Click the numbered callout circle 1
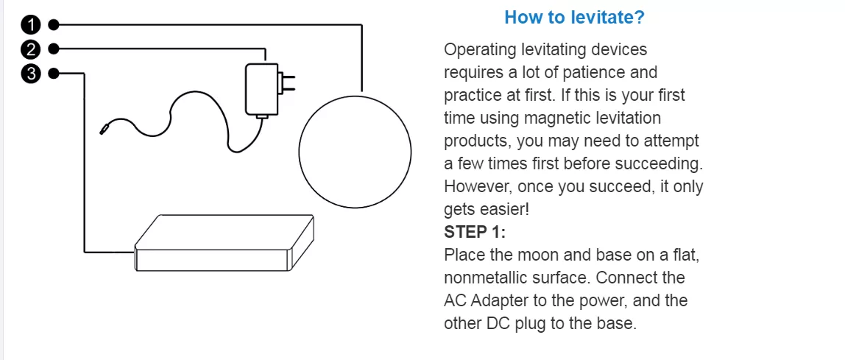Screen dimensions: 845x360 point(31,25)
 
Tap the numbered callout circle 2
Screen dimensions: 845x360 point(31,49)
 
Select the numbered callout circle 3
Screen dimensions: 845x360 point(31,74)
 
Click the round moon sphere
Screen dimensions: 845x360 point(355,151)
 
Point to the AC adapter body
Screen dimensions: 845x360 point(262,90)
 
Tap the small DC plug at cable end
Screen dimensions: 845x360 point(104,129)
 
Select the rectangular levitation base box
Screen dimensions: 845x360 point(224,243)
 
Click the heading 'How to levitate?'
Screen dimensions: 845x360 point(574,17)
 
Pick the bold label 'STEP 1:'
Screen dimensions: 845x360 point(475,233)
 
